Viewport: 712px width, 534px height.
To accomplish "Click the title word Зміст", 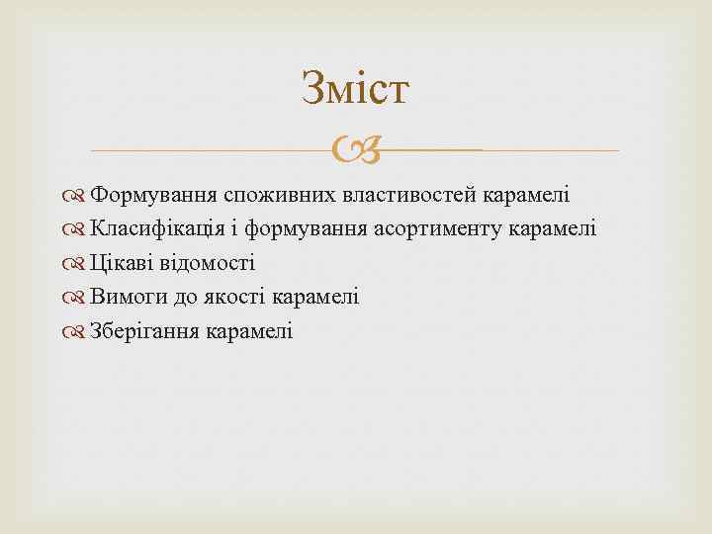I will pos(355,89).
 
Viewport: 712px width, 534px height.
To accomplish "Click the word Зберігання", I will pos(144,331).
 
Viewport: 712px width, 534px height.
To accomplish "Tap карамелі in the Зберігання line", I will pos(249,331).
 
